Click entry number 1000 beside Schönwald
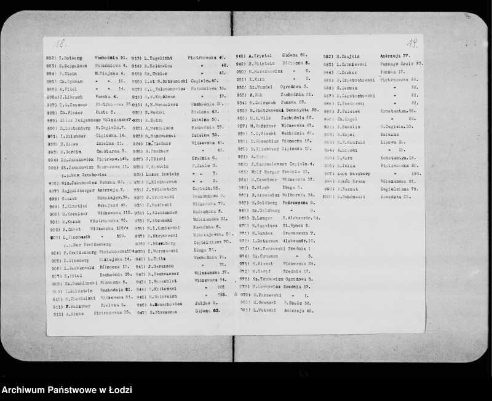(x=328, y=198)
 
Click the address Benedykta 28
(x=301, y=109)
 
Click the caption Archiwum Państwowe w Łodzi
(x=66, y=390)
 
